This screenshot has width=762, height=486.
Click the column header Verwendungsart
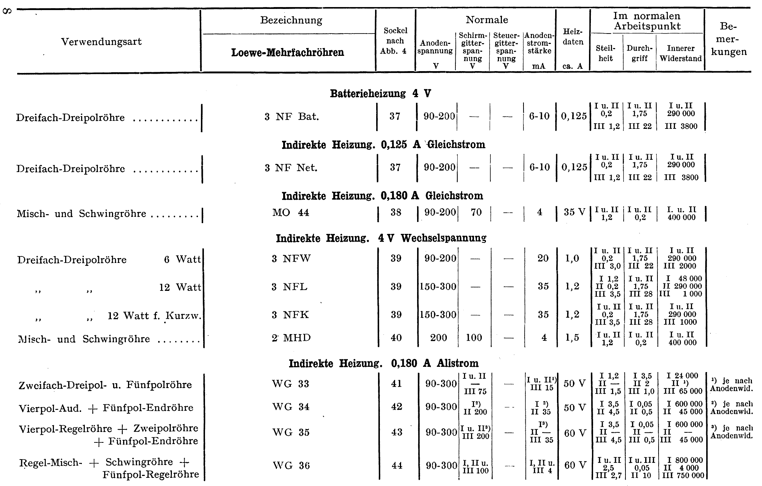(101, 41)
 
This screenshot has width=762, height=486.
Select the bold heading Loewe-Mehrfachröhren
(287, 52)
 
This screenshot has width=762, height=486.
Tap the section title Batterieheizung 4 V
(380, 93)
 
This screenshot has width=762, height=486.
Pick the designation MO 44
(291, 212)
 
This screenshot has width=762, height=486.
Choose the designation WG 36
(291, 466)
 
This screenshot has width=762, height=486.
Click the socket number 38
(396, 212)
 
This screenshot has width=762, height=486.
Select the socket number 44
(397, 466)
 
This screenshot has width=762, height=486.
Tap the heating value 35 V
(574, 212)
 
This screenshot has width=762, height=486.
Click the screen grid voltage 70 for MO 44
(476, 212)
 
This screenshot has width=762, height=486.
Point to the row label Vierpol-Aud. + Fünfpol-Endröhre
(106, 408)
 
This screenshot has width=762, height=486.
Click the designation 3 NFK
(290, 315)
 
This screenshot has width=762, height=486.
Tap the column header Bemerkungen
(729, 39)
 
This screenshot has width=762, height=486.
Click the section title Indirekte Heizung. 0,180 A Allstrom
(383, 363)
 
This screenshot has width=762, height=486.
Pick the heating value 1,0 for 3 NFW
(572, 258)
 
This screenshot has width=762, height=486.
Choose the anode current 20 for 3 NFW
(543, 258)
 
